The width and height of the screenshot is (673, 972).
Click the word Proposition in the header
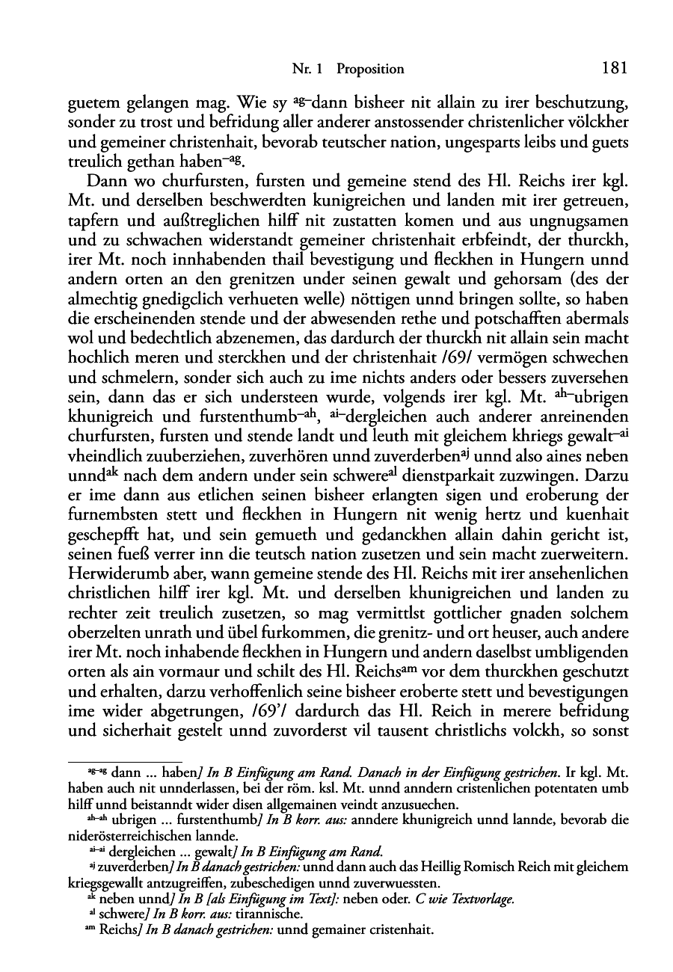click(370, 70)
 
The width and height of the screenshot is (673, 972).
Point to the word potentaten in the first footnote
click(545, 789)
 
